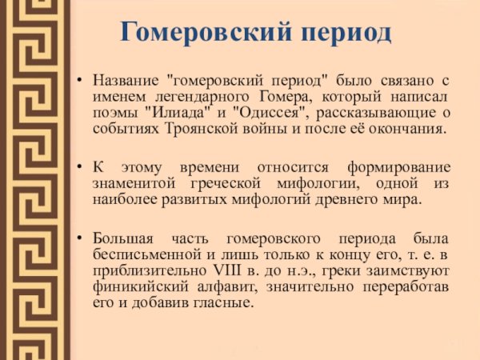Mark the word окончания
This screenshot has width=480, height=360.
pos(409,129)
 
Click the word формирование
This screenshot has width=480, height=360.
pos(398,167)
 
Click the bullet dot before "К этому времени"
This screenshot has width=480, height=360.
pos(80,168)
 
